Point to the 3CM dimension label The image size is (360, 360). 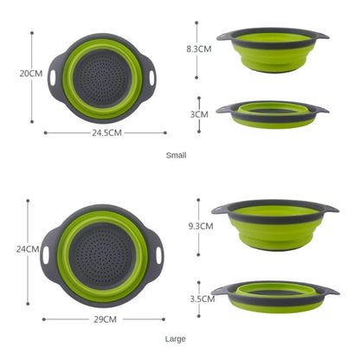(199, 113)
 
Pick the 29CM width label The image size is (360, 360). (105, 319)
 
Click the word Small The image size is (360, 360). (177, 156)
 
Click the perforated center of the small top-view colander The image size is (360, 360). (106, 77)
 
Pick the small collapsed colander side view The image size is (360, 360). (273, 112)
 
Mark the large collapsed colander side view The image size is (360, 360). (275, 294)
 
